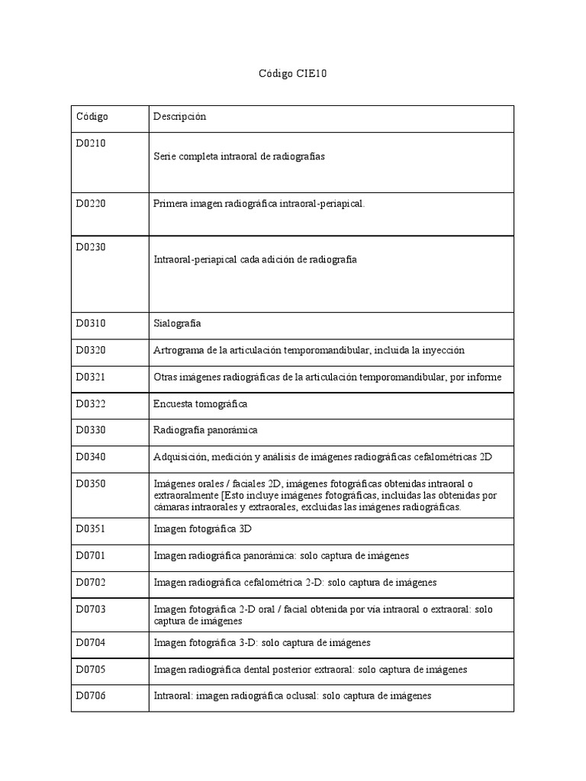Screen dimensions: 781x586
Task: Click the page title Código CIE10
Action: point(293,75)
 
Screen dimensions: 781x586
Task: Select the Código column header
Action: point(92,117)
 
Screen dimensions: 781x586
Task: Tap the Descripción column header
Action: point(179,117)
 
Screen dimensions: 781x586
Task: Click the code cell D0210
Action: point(91,143)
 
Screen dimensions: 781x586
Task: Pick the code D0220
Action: point(91,204)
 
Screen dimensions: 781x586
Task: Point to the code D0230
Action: point(91,246)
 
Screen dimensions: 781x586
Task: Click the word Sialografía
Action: point(177,323)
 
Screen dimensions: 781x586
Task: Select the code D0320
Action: point(91,350)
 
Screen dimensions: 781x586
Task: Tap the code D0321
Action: point(91,377)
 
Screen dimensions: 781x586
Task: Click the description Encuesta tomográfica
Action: point(200,403)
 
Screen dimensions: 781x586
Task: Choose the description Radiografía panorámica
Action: point(205,430)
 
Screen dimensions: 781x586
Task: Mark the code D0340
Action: point(91,457)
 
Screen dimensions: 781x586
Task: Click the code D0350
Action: point(91,484)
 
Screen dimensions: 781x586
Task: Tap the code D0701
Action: point(91,556)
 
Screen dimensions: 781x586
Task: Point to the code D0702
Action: point(91,583)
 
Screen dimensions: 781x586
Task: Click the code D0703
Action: point(91,609)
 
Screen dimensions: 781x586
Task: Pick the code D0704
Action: point(91,643)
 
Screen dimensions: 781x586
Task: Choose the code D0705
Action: point(91,670)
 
